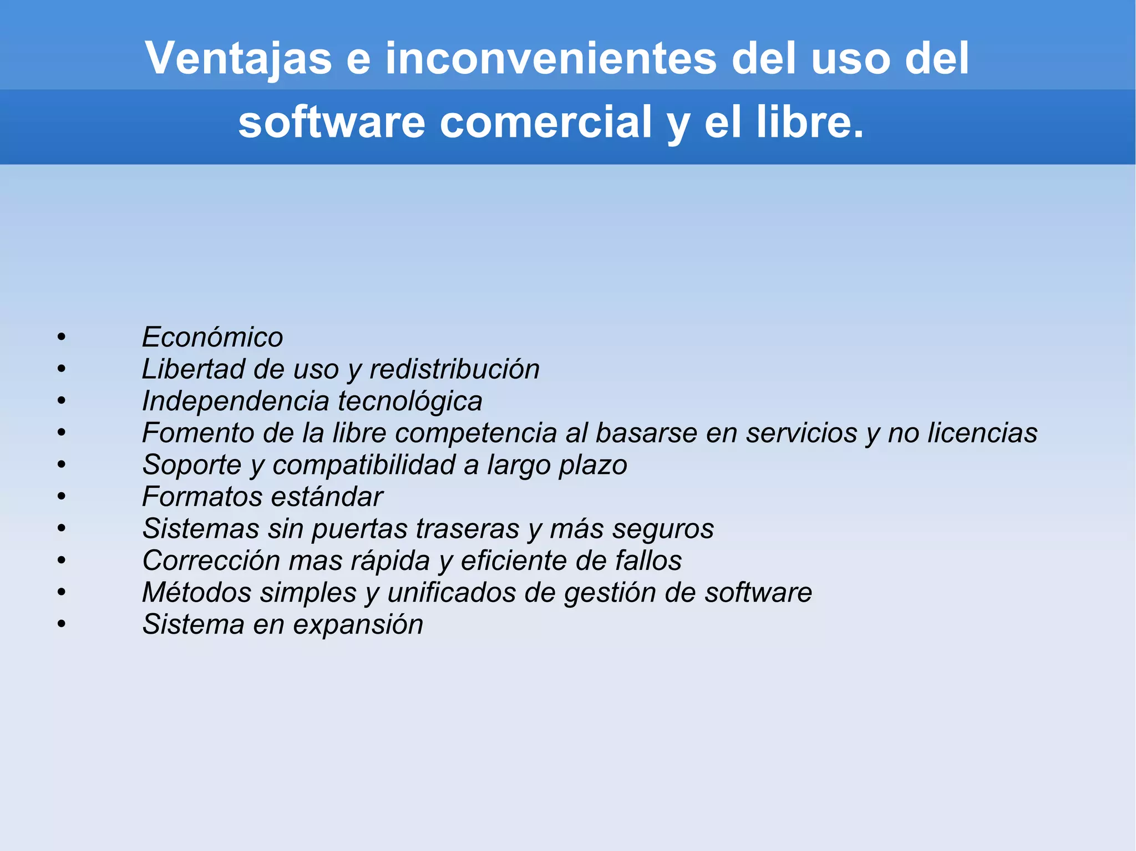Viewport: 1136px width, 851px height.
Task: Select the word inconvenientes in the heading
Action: pyautogui.click(x=551, y=58)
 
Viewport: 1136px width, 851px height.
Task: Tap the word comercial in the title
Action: pyautogui.click(x=546, y=122)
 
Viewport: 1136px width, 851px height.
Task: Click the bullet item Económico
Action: pyautogui.click(x=212, y=337)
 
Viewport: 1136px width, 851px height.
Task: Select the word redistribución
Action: pyautogui.click(x=454, y=369)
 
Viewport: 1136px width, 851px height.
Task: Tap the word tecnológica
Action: pyautogui.click(x=410, y=401)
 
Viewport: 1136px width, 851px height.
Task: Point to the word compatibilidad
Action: pyautogui.click(x=364, y=465)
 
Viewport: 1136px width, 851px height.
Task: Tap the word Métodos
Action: pyautogui.click(x=197, y=593)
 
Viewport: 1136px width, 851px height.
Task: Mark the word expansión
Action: pyautogui.click(x=358, y=625)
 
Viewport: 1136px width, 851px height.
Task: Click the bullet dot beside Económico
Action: pyautogui.click(x=62, y=337)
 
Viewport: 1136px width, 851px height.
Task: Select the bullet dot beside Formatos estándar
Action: pyautogui.click(x=62, y=497)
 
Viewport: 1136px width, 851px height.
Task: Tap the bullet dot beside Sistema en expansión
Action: pyautogui.click(x=62, y=625)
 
